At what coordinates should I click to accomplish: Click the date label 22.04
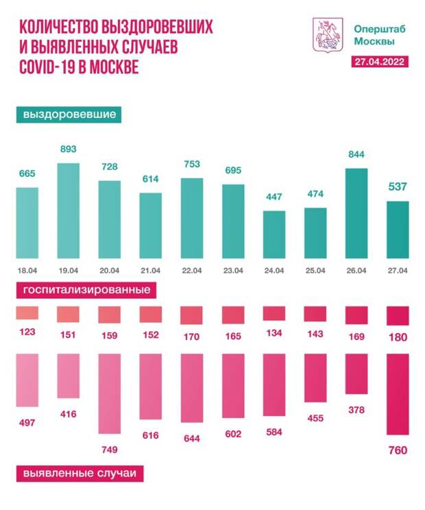[x=192, y=270]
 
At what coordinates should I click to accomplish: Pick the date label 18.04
[x=27, y=270]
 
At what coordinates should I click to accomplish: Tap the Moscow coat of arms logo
[x=323, y=34]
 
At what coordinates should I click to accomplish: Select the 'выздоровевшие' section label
[x=69, y=114]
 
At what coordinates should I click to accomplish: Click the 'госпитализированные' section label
[x=86, y=290]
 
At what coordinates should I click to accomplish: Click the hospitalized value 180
[x=398, y=337]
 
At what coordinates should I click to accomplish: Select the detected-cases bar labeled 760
[x=398, y=394]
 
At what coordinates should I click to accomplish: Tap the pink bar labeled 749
[x=109, y=394]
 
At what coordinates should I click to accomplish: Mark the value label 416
[x=68, y=414]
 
